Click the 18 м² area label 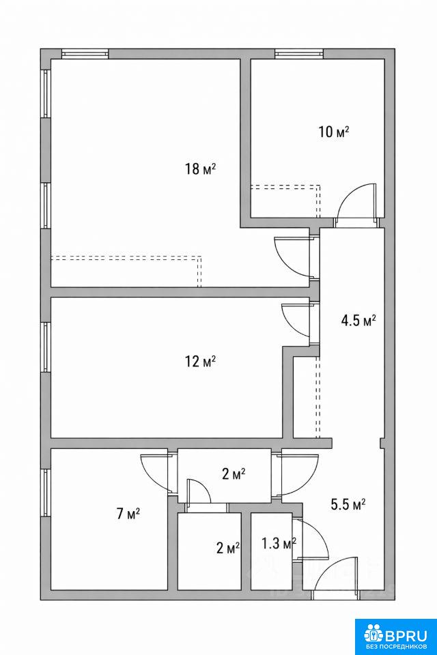point(200,169)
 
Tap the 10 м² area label point(334,132)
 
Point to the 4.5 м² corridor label point(358,321)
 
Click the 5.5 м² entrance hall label point(348,504)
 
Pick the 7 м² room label point(128,513)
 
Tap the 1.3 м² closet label point(279,544)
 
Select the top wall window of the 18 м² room point(85,54)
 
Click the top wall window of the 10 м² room point(299,54)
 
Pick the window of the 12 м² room point(46,347)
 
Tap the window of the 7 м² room point(46,493)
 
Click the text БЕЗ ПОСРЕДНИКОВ point(395,646)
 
